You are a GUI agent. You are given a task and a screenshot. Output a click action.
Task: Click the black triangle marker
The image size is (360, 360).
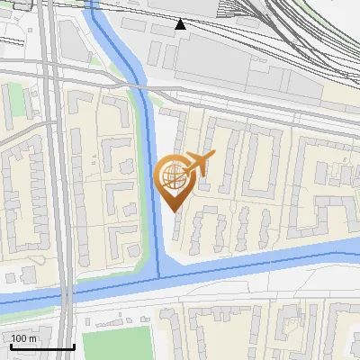[x=181, y=23]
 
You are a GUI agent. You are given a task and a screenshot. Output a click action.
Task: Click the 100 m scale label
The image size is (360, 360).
[x=23, y=338]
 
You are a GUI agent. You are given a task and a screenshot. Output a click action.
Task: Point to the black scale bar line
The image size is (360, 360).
[x=41, y=346]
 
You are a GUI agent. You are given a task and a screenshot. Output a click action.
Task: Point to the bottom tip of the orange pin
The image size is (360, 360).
[x=175, y=210]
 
